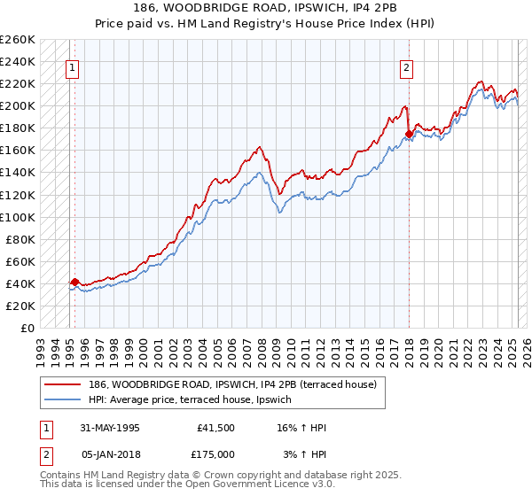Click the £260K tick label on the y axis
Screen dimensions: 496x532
(18, 40)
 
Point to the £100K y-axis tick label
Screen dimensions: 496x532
(18, 217)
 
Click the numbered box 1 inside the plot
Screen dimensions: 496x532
(72, 67)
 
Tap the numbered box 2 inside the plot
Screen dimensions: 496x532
(406, 67)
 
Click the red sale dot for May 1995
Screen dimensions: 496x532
(74, 282)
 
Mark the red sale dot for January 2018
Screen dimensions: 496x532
(409, 135)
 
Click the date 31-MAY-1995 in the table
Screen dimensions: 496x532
(110, 428)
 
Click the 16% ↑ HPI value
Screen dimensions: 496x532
(302, 428)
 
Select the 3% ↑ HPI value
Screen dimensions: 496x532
(305, 453)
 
